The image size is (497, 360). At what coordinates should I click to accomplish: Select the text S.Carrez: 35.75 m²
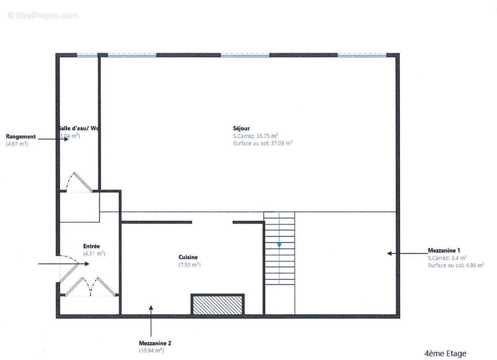pyautogui.click(x=255, y=136)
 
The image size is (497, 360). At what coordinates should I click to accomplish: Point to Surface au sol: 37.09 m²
pyautogui.click(x=263, y=144)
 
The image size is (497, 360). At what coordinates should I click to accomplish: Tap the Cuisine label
pyautogui.click(x=188, y=257)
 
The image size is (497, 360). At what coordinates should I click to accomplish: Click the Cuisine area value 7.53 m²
pyautogui.click(x=189, y=265)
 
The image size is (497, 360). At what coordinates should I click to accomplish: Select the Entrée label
pyautogui.click(x=91, y=246)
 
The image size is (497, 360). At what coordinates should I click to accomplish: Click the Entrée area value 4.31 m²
pyautogui.click(x=94, y=254)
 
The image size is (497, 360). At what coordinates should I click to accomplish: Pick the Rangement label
pyautogui.click(x=21, y=136)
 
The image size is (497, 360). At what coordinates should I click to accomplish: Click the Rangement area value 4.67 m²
pyautogui.click(x=17, y=144)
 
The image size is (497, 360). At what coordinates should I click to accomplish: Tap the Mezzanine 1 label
pyautogui.click(x=443, y=250)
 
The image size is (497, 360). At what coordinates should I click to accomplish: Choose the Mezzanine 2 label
pyautogui.click(x=155, y=343)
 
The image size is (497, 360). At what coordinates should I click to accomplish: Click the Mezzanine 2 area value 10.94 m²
pyautogui.click(x=151, y=350)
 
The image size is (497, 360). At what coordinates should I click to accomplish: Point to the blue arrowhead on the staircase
pyautogui.click(x=279, y=245)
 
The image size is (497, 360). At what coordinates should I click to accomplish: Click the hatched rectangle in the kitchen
pyautogui.click(x=218, y=304)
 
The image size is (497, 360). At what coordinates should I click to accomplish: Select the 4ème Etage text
pyautogui.click(x=445, y=353)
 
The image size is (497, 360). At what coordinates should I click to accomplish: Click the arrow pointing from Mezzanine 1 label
pyautogui.click(x=405, y=254)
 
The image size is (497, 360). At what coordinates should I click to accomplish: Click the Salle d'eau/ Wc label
pyautogui.click(x=79, y=128)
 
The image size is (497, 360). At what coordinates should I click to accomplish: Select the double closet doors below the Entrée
pyautogui.click(x=90, y=287)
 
